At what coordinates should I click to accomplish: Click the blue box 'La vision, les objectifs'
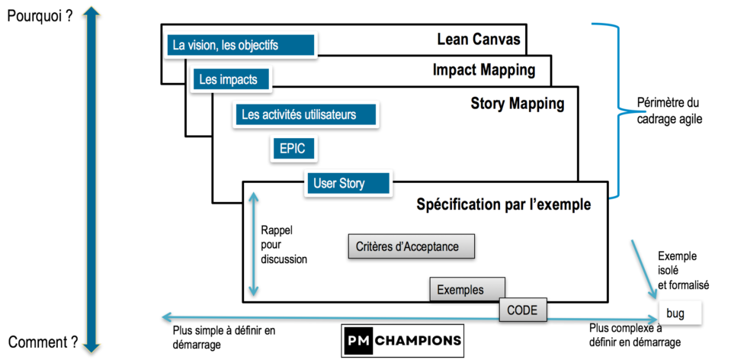tap(241, 45)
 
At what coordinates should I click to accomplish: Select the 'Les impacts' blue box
tap(229, 79)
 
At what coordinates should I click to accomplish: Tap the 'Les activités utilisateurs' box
tap(307, 114)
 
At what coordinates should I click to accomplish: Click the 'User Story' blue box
tap(347, 183)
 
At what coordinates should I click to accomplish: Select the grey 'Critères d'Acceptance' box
tap(412, 246)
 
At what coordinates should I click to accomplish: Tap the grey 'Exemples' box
tap(466, 290)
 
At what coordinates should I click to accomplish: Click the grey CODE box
tap(523, 310)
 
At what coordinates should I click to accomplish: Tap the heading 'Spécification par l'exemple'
tap(503, 204)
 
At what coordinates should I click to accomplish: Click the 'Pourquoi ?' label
tap(40, 15)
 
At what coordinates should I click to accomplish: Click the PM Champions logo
tap(401, 339)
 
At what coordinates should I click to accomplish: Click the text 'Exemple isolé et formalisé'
tap(683, 270)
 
